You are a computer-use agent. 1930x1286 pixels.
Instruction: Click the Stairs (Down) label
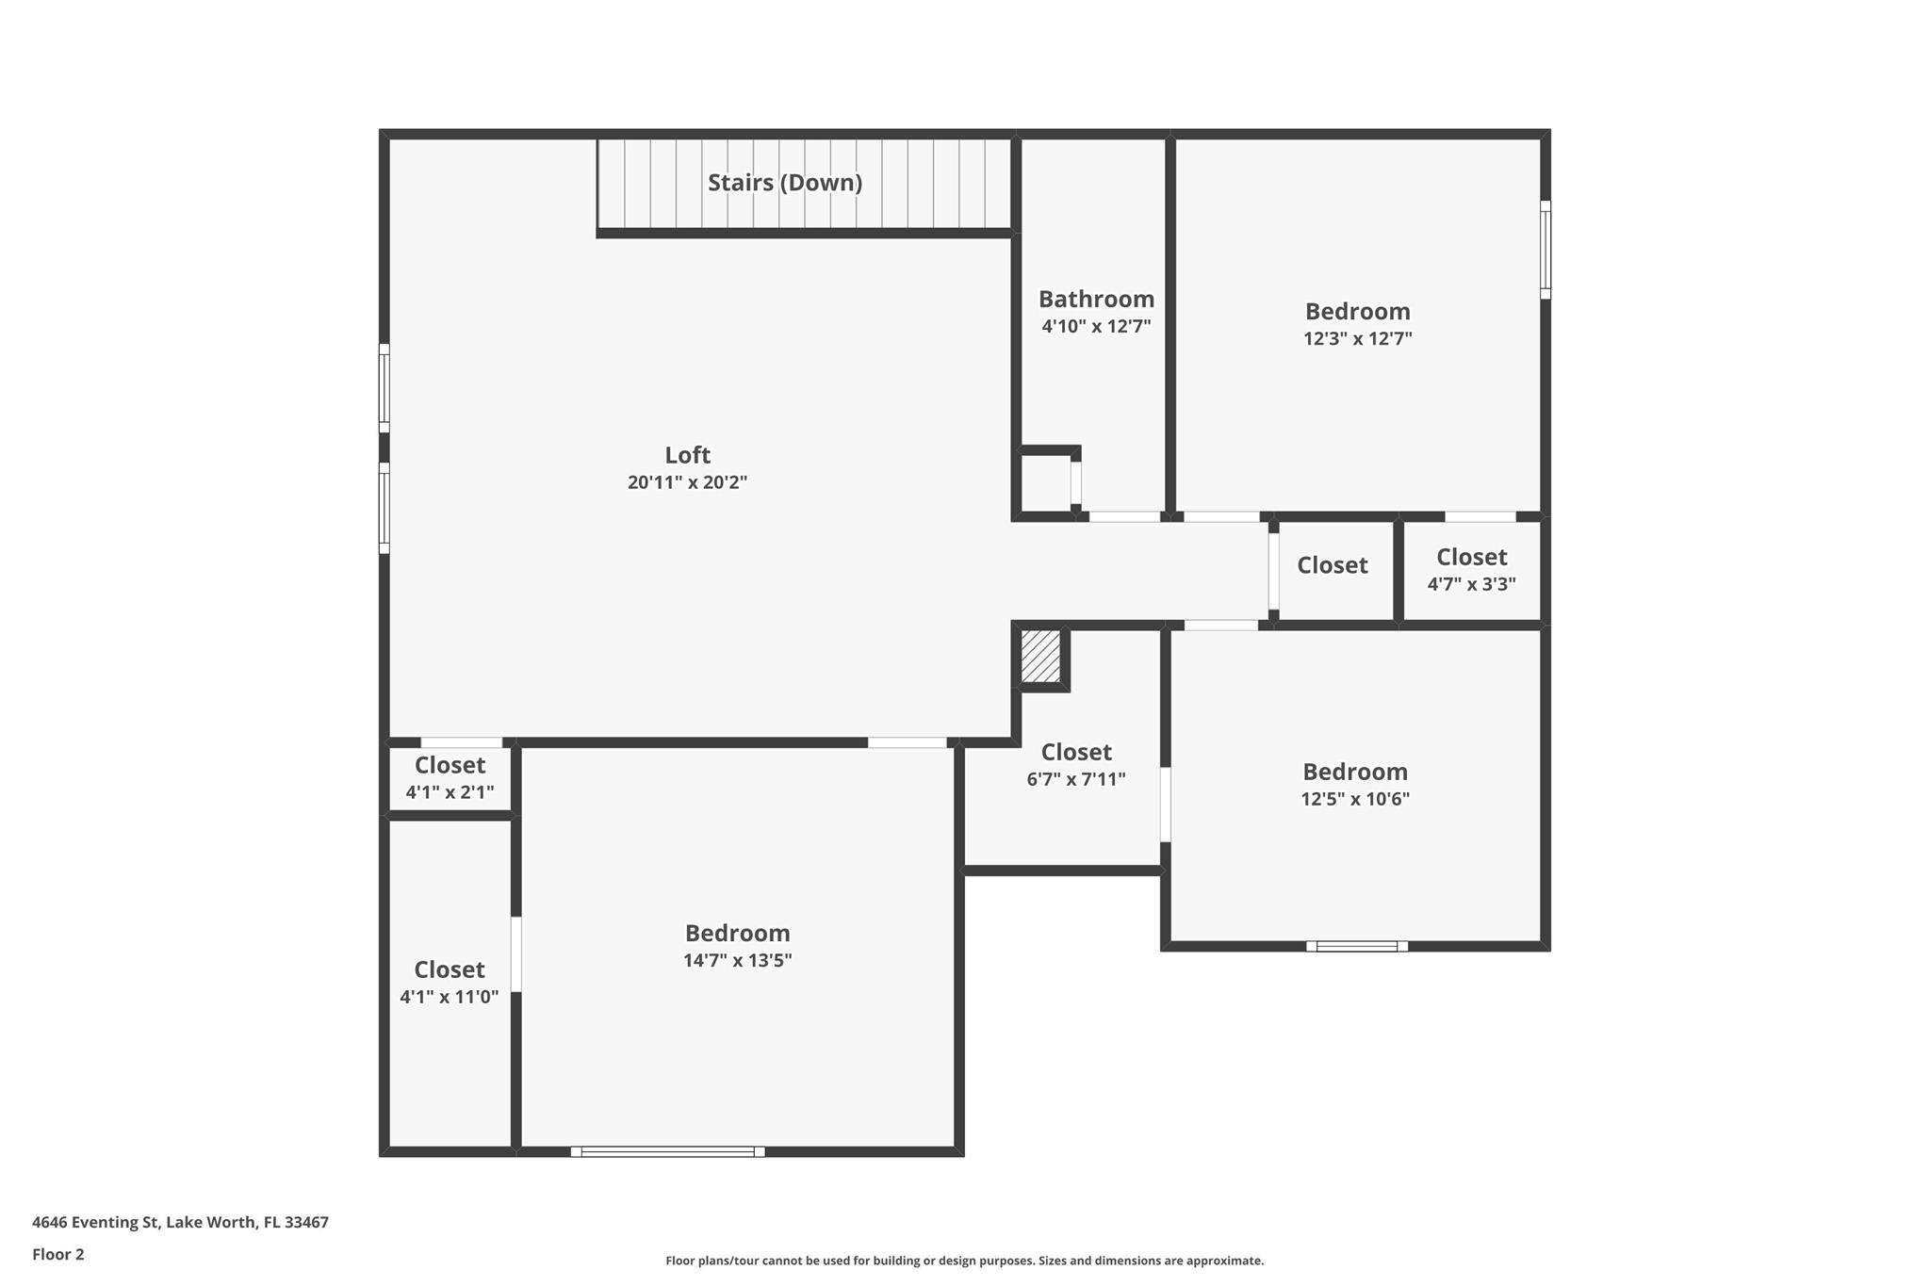(x=785, y=183)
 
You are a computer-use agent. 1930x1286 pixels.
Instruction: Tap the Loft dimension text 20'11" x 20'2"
(x=687, y=482)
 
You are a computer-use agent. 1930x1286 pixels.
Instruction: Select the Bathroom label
(x=1096, y=299)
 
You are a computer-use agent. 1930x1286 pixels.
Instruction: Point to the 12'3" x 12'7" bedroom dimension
(x=1357, y=338)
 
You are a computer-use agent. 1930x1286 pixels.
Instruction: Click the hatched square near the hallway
(x=1041, y=657)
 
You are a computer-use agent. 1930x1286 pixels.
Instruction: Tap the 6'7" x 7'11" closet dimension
(x=1076, y=779)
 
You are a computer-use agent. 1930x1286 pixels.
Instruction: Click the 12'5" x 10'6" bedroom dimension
(x=1355, y=799)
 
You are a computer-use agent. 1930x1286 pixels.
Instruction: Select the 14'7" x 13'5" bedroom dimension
(x=737, y=960)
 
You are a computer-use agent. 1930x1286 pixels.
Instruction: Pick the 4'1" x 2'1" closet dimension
(x=450, y=792)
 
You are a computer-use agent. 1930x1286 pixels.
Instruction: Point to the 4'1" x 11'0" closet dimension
(x=450, y=997)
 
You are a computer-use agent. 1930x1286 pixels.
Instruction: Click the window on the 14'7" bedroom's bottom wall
(x=667, y=1151)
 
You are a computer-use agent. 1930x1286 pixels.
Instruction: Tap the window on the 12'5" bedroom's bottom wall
(x=1357, y=946)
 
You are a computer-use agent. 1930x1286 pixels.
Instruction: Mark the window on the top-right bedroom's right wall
(x=1546, y=250)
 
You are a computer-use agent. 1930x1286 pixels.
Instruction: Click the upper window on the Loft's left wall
(x=384, y=388)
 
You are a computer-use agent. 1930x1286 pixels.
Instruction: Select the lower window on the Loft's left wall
(x=384, y=508)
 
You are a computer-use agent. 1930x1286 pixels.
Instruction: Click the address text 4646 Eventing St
(x=94, y=1222)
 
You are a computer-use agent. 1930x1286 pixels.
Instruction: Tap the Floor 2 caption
(x=58, y=1254)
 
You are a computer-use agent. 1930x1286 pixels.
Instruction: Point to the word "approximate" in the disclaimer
(x=1224, y=1261)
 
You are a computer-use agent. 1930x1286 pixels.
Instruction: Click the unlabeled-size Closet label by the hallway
(x=1332, y=565)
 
